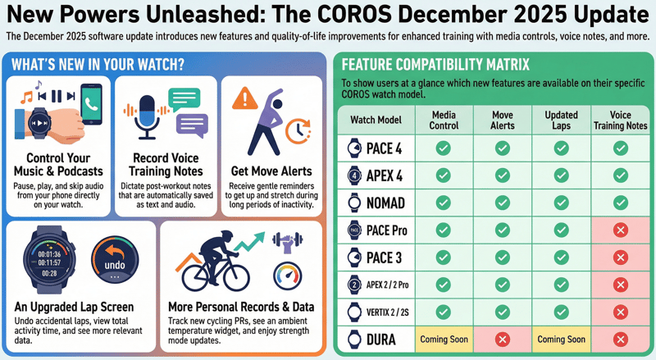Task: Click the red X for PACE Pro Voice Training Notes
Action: [621, 230]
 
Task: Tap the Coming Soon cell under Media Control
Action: [443, 339]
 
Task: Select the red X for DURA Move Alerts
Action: [503, 339]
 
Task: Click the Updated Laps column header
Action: [561, 121]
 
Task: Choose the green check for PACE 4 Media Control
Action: [443, 148]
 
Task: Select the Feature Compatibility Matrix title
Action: [435, 63]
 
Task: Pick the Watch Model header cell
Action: [376, 121]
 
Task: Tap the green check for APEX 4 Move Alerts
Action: [503, 175]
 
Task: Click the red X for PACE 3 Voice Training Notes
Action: [621, 257]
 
